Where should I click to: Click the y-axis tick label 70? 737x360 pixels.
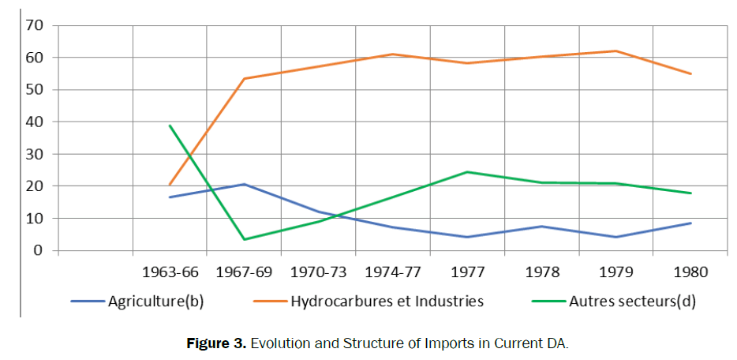(x=34, y=25)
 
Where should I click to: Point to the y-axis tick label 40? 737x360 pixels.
(x=34, y=122)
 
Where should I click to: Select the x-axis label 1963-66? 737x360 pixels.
(x=170, y=272)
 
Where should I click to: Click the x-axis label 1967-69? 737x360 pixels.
(x=244, y=272)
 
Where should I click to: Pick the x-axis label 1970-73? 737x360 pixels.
(x=318, y=272)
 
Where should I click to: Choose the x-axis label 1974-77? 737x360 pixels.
(x=393, y=272)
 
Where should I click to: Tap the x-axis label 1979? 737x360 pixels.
(x=616, y=272)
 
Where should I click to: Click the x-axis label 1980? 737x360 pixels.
(x=690, y=272)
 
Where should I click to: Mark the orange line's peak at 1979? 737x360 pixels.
(x=616, y=51)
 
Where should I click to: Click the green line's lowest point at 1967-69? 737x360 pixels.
(x=244, y=239)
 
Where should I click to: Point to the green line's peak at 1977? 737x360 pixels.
(x=467, y=172)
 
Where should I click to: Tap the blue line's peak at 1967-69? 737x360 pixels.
(x=244, y=184)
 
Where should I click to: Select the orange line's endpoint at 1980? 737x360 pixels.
(x=690, y=73)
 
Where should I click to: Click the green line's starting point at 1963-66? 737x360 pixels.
(x=170, y=126)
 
